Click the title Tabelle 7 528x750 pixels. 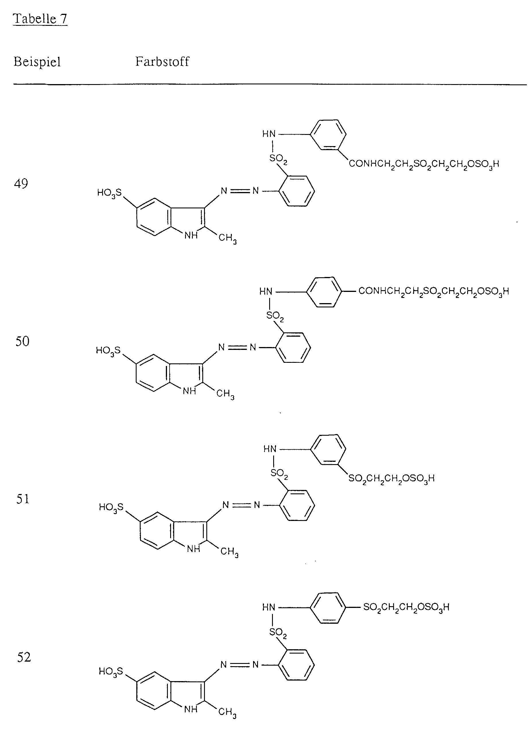(x=40, y=19)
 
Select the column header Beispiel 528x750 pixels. (x=37, y=61)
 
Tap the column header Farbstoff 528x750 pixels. (x=162, y=61)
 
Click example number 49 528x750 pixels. (x=21, y=184)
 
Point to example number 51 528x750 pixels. (x=23, y=499)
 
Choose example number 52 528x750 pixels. (x=24, y=657)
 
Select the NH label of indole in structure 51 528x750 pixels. (x=193, y=549)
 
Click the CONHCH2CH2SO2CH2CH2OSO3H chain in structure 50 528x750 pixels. (x=433, y=291)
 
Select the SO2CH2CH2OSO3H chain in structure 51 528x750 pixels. (x=391, y=478)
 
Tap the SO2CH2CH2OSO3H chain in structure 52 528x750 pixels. (x=406, y=607)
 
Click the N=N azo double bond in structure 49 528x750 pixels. (x=240, y=191)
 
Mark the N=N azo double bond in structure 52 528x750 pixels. (x=239, y=665)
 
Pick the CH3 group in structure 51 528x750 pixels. (x=229, y=552)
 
